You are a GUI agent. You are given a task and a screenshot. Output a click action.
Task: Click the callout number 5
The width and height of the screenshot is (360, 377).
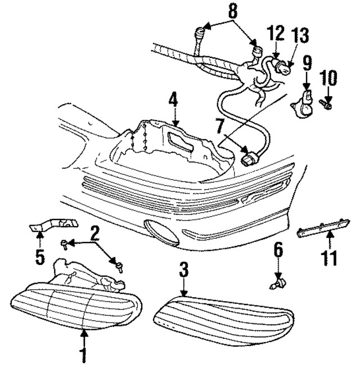pos(39,256)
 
